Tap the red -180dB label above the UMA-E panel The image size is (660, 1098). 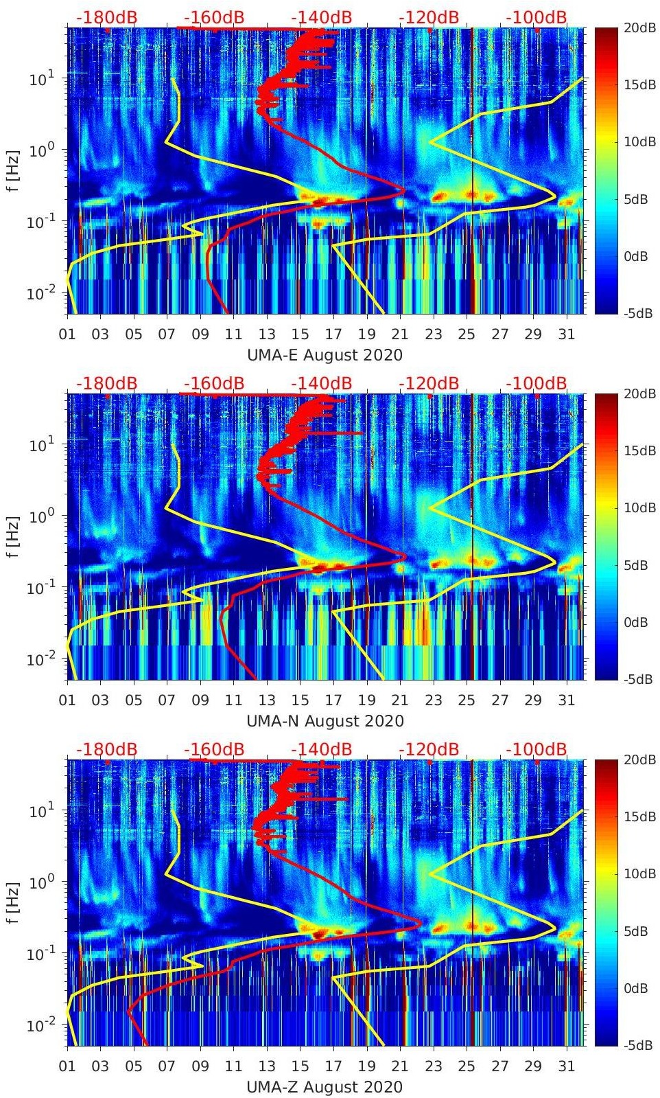(x=106, y=17)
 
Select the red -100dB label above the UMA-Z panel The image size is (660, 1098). (x=537, y=749)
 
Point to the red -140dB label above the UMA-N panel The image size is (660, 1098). (x=321, y=383)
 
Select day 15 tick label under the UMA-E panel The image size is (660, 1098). (x=300, y=334)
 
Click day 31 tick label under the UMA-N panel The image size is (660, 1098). (x=566, y=700)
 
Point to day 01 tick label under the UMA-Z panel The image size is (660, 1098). (x=67, y=1066)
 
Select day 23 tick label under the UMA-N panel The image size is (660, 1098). (x=433, y=700)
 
